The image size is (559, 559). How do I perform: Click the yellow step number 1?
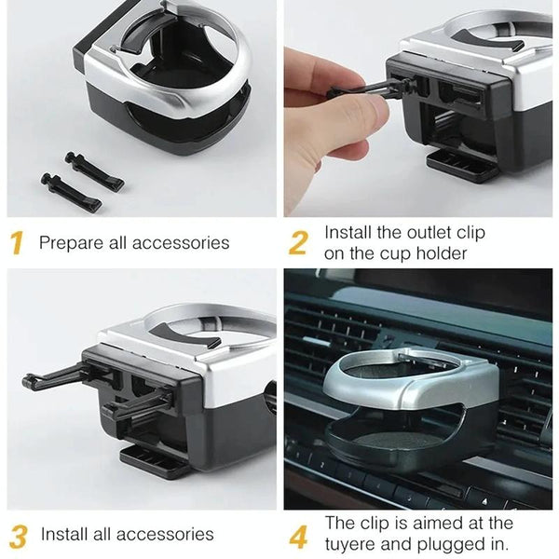[x=17, y=243]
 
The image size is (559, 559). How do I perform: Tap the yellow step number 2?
[x=298, y=243]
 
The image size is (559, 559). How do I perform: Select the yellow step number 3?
[x=18, y=536]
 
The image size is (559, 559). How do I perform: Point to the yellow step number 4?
[x=298, y=536]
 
